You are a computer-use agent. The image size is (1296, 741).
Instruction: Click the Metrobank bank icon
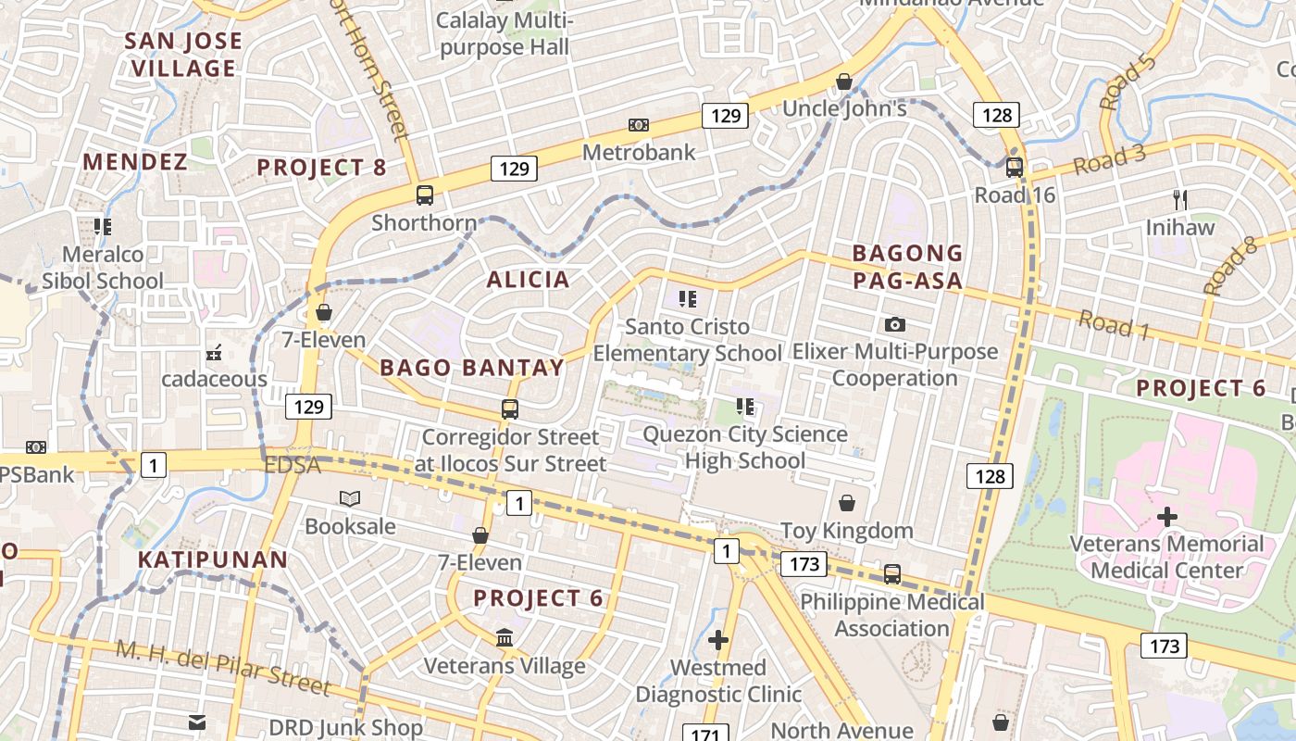(x=638, y=125)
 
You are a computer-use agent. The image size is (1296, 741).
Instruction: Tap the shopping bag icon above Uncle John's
(x=844, y=82)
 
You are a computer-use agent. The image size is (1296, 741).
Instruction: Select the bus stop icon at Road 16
(x=1014, y=168)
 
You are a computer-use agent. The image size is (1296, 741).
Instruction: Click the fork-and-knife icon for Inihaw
(x=1179, y=199)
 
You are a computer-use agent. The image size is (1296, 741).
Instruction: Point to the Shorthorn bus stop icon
(x=425, y=195)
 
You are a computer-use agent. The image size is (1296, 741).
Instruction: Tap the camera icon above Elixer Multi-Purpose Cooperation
(x=894, y=324)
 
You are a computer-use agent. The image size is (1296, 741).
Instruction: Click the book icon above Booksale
(x=350, y=499)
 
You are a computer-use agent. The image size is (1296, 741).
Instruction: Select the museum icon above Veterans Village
(x=505, y=638)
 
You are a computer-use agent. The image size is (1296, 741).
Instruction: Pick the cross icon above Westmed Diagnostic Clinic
(x=718, y=640)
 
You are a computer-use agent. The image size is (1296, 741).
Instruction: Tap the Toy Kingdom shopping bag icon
(x=846, y=503)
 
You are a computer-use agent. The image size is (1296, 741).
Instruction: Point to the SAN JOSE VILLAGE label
(x=183, y=55)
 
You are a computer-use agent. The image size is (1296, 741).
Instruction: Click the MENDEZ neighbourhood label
(x=135, y=162)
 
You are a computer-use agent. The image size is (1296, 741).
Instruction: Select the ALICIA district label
(x=528, y=280)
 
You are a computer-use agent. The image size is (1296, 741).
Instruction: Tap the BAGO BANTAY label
(x=472, y=368)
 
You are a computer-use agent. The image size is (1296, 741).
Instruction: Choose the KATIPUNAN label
(x=213, y=559)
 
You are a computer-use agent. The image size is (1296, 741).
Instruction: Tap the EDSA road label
(x=293, y=465)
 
